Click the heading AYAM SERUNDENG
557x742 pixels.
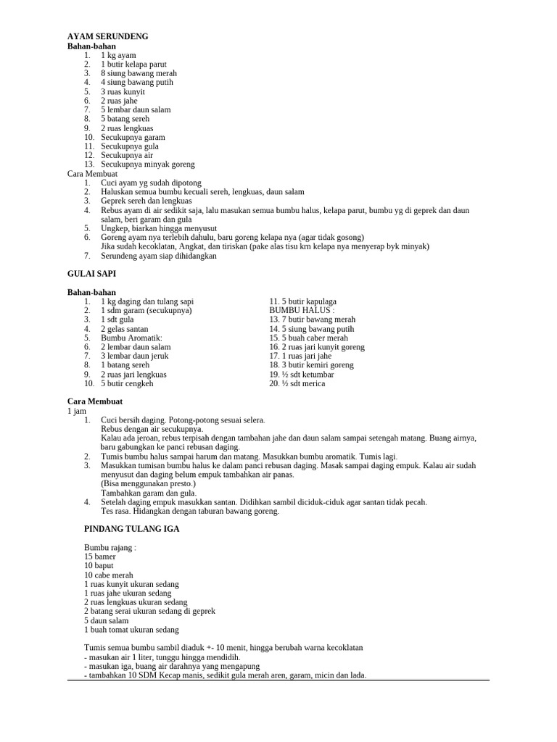click(x=107, y=36)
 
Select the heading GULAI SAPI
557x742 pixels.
click(x=91, y=274)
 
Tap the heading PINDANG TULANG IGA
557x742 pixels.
click(x=132, y=529)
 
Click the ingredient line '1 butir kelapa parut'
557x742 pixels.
click(x=133, y=64)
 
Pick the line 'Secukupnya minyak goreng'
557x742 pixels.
click(x=147, y=164)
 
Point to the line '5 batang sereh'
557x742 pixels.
click(x=125, y=119)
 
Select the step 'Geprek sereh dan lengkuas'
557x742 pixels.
click(x=146, y=201)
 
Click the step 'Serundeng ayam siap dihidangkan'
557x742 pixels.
click(x=158, y=256)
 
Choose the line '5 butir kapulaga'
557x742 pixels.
click(x=302, y=301)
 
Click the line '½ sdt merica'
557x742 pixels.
click(x=297, y=383)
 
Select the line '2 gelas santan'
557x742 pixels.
click(x=124, y=329)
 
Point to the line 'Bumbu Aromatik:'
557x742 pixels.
click(x=131, y=338)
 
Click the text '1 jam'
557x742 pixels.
click(x=76, y=411)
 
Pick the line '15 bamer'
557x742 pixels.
click(x=99, y=556)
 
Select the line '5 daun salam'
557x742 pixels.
click(x=106, y=620)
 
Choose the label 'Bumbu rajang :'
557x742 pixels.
click(x=110, y=547)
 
